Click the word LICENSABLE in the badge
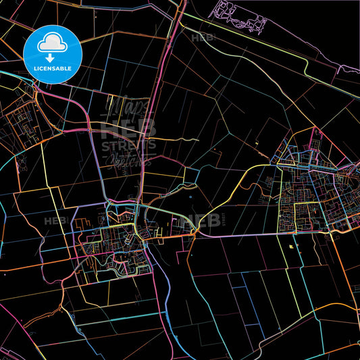point(53,68)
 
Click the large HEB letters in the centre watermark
point(128,128)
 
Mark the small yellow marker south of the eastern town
point(291,247)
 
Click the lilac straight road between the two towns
point(236,234)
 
